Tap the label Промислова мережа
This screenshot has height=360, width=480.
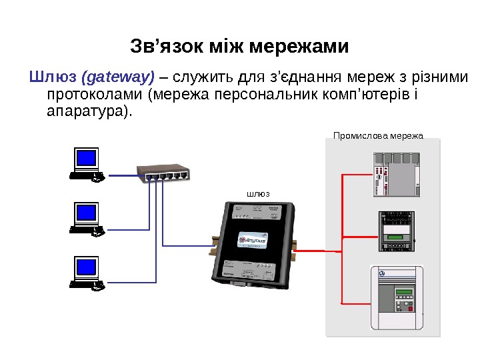coord(378,135)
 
